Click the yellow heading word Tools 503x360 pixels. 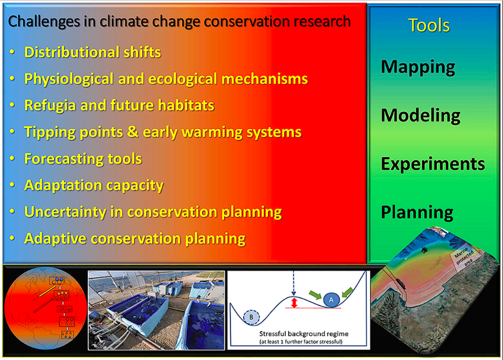coord(429,25)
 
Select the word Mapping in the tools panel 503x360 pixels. coord(418,67)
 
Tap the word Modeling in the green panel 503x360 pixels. coord(421,116)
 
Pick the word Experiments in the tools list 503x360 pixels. coord(433,164)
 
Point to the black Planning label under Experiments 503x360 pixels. coord(417,213)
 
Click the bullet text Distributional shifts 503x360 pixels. coord(93,52)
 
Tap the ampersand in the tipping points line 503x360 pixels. coord(132,132)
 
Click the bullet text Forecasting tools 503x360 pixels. coord(83,159)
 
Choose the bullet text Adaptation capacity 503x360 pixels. coord(94,186)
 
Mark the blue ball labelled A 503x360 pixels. coord(331,300)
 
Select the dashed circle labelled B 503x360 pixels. coord(251,317)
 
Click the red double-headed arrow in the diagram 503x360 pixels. coord(294,303)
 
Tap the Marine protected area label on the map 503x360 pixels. coord(465,257)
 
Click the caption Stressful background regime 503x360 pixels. coord(303,334)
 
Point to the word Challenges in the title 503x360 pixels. coord(44,22)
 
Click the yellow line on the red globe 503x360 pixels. coord(47,291)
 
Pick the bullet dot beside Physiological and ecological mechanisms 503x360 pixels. coord(12,78)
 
